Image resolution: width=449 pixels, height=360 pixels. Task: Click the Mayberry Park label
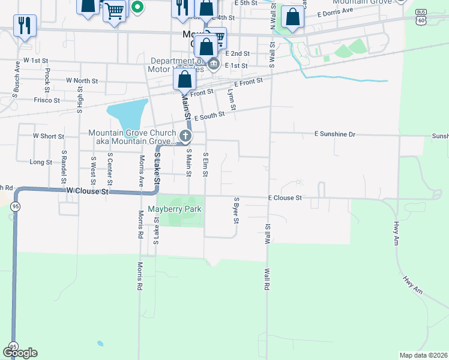(x=175, y=209)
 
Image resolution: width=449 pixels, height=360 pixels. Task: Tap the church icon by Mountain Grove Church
(x=185, y=135)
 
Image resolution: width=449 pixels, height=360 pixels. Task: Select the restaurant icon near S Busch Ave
(x=24, y=25)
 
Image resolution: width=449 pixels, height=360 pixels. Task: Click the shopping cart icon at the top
(x=114, y=10)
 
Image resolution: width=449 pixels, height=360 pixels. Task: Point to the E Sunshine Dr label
(x=336, y=134)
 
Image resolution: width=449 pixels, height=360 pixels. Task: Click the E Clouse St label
(x=285, y=197)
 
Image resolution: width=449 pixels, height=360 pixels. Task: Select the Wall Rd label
(x=265, y=279)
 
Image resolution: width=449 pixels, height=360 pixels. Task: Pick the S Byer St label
(x=237, y=210)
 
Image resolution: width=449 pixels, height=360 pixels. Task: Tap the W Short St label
(x=49, y=136)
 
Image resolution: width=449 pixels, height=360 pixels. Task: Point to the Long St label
(x=41, y=162)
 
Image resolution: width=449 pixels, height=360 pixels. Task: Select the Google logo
(x=20, y=353)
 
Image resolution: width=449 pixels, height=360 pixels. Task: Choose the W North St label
(x=82, y=80)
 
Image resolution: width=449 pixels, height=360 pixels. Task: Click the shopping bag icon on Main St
(x=185, y=79)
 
